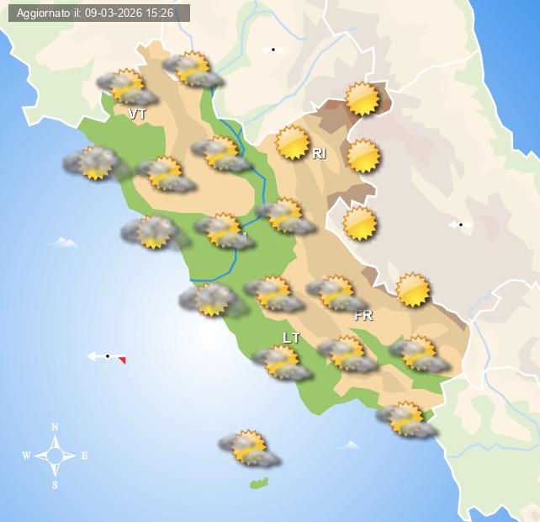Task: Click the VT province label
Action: pos(137,114)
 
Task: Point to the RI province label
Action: pos(319,153)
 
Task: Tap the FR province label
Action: pos(363,316)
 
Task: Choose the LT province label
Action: pos(291,338)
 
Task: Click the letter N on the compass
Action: pos(55,427)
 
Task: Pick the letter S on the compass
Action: pos(55,485)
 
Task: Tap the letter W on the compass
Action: pos(26,456)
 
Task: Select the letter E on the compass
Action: pos(84,456)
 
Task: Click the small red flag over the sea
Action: pos(122,360)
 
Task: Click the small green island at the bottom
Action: pos(259,483)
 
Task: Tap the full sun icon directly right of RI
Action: pos(363,156)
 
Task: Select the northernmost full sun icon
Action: pos(363,99)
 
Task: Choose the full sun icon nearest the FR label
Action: pos(412,290)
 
